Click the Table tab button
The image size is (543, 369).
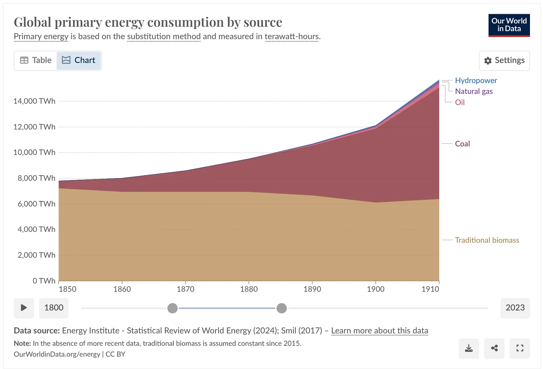tap(36, 60)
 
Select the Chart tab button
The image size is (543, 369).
tap(79, 60)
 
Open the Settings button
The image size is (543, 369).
tap(504, 60)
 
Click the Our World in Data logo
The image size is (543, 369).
tap(509, 25)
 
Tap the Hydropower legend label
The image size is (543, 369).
tap(476, 81)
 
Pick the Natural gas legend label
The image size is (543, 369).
tap(474, 91)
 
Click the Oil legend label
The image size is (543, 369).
tap(460, 102)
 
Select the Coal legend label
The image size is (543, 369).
tap(462, 144)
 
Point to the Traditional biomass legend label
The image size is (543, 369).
tap(487, 240)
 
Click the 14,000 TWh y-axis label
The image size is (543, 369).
tap(34, 101)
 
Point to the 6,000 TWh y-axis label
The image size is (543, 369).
tap(36, 204)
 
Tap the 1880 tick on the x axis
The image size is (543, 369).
tap(249, 289)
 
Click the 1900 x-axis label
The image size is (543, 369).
tap(376, 289)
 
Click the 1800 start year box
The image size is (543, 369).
tap(54, 308)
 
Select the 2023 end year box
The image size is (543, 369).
tap(515, 308)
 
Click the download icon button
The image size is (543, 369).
tap(469, 348)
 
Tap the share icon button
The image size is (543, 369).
tap(494, 348)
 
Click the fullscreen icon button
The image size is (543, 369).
tap(520, 348)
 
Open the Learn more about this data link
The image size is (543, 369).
tap(380, 331)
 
